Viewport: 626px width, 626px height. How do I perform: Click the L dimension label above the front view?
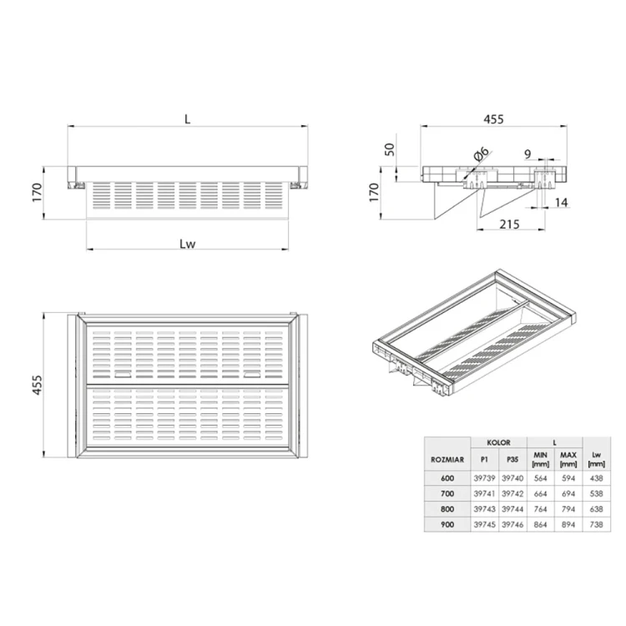pyautogui.click(x=188, y=119)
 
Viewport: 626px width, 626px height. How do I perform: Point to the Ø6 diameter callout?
pyautogui.click(x=482, y=155)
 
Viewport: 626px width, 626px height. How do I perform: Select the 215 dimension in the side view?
pyautogui.click(x=509, y=224)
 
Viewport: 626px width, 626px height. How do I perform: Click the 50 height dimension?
pyautogui.click(x=388, y=151)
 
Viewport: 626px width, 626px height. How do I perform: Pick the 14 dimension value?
pyautogui.click(x=559, y=203)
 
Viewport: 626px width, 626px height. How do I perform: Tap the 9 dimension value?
pyautogui.click(x=528, y=154)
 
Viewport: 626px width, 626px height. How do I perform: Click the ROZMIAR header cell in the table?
pyautogui.click(x=447, y=458)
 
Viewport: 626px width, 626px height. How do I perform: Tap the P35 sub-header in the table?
pyautogui.click(x=512, y=458)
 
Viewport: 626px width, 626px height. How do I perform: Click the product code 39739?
pyautogui.click(x=484, y=479)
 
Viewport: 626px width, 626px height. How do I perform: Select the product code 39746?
pyautogui.click(x=512, y=524)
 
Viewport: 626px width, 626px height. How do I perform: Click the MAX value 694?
pyautogui.click(x=568, y=494)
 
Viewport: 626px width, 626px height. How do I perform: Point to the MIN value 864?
pyautogui.click(x=540, y=524)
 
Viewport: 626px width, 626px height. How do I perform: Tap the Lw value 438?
pyautogui.click(x=596, y=479)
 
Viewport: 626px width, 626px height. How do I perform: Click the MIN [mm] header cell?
pyautogui.click(x=540, y=458)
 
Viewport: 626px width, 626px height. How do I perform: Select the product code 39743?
pyautogui.click(x=484, y=509)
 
